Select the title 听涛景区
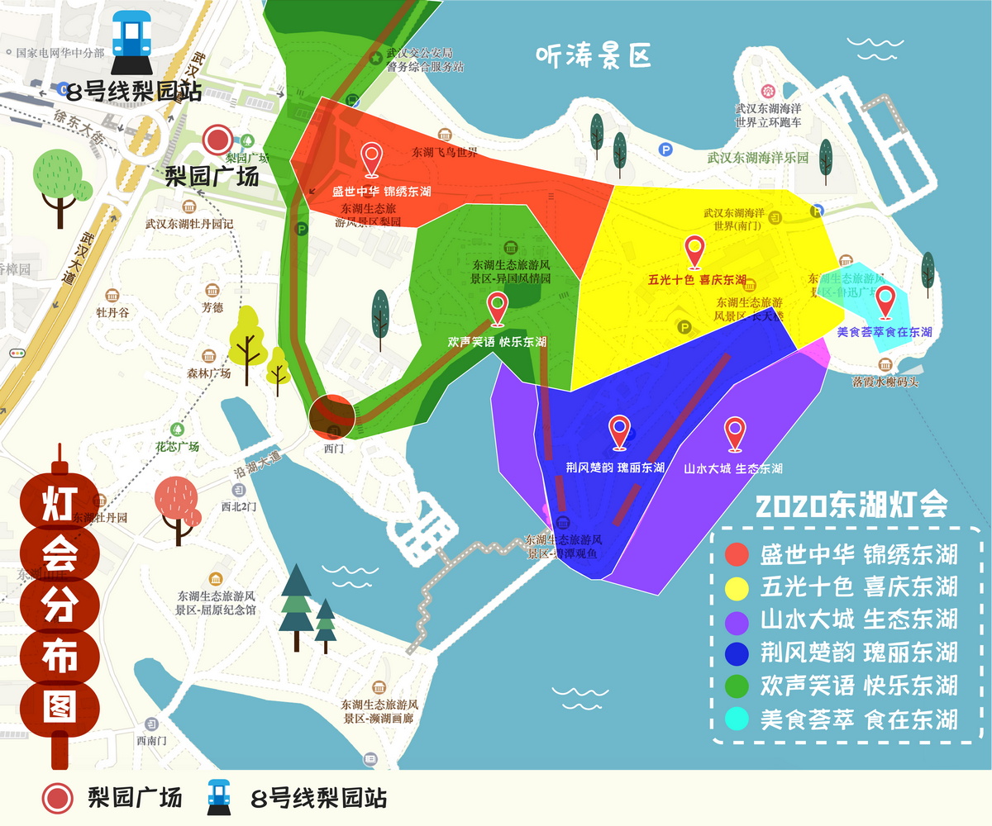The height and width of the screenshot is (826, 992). coord(594,55)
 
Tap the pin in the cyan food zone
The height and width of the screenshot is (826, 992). coord(885,302)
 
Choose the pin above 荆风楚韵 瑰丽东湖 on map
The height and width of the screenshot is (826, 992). coord(619,432)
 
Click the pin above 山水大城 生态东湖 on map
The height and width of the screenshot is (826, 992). coord(734,434)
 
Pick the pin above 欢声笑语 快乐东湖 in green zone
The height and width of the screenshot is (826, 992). coord(497,309)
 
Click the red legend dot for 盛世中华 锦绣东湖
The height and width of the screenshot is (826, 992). coord(737,554)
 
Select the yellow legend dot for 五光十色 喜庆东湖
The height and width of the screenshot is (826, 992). coord(737,587)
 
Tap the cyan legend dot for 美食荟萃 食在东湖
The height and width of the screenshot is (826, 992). coord(737,719)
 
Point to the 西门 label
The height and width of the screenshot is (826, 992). coord(333,449)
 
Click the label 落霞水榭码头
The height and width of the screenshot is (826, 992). coord(885,382)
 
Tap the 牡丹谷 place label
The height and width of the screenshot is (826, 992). coord(112,313)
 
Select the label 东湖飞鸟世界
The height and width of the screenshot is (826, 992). coord(445,152)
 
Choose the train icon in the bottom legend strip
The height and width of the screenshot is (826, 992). coord(218,797)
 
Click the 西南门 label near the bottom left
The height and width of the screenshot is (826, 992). coord(152,739)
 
